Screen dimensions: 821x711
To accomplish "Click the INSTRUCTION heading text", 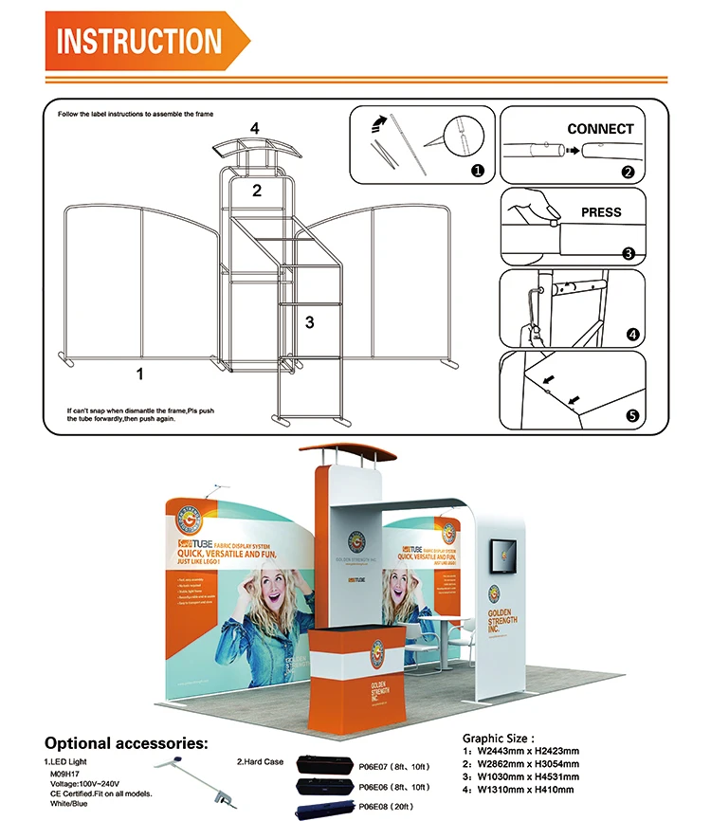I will (x=138, y=41).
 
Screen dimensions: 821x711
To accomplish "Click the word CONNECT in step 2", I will (x=600, y=129).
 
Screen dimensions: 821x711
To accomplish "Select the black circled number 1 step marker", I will (x=477, y=172).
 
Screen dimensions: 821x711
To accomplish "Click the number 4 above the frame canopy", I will (x=254, y=128).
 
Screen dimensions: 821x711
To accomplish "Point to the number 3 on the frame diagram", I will (x=309, y=322).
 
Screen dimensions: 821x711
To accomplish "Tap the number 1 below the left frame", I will (x=139, y=374).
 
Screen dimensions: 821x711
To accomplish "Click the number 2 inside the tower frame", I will (x=256, y=191).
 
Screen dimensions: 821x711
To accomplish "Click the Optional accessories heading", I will (x=126, y=743).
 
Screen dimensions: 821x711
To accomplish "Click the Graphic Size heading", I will (x=499, y=737).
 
